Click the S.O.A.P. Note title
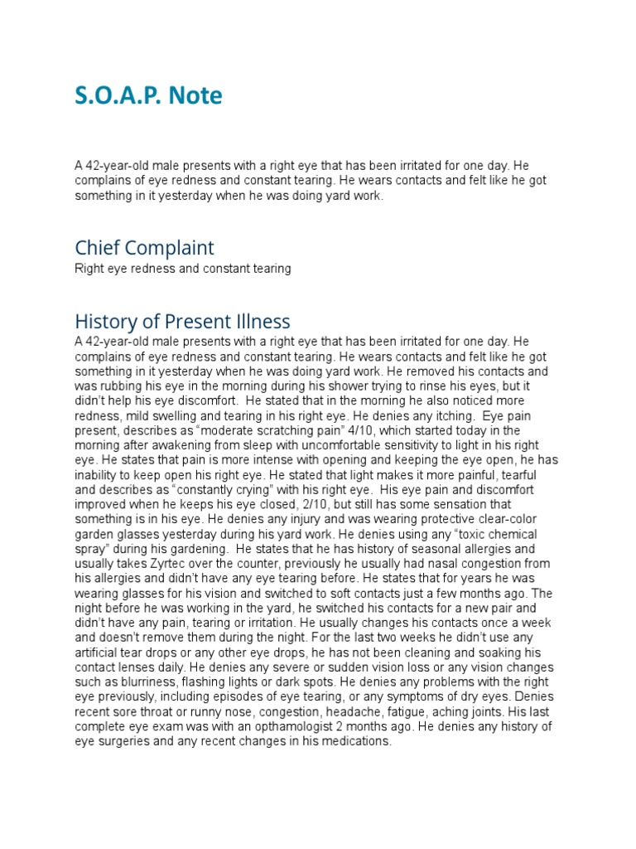click(148, 97)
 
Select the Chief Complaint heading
click(144, 248)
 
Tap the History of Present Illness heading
click(182, 321)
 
